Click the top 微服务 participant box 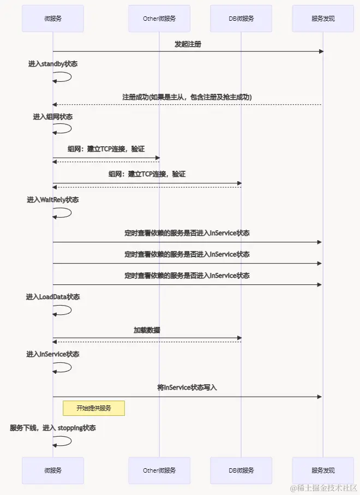53,19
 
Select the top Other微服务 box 159,19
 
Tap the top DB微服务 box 241,19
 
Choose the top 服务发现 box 323,19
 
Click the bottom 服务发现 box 323,470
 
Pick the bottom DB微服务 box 241,470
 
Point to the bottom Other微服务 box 159,470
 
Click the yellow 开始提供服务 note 94,408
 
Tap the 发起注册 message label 188,44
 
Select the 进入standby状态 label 53,64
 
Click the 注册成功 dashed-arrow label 187,97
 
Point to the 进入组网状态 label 53,117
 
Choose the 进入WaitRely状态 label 53,200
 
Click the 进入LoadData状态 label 53,297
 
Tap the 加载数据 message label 147,330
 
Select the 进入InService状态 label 53,354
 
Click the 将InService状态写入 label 187,387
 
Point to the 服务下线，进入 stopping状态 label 53,428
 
